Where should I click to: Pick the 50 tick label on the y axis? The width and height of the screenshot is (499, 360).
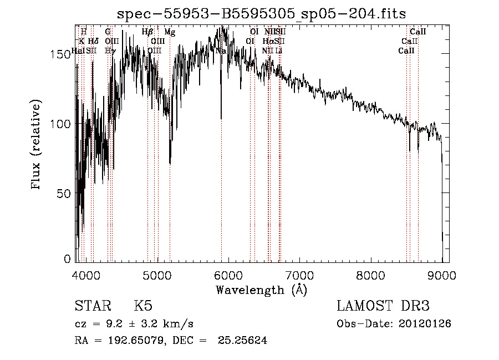point(66,194)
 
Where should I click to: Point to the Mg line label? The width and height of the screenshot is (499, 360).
point(170,32)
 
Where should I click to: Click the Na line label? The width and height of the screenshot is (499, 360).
point(221,50)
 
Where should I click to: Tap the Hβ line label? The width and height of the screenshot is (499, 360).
point(147,32)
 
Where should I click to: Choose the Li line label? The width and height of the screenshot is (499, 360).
point(279,50)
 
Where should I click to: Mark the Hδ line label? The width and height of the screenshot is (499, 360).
point(93,41)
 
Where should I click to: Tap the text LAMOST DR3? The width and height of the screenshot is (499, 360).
point(383,306)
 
